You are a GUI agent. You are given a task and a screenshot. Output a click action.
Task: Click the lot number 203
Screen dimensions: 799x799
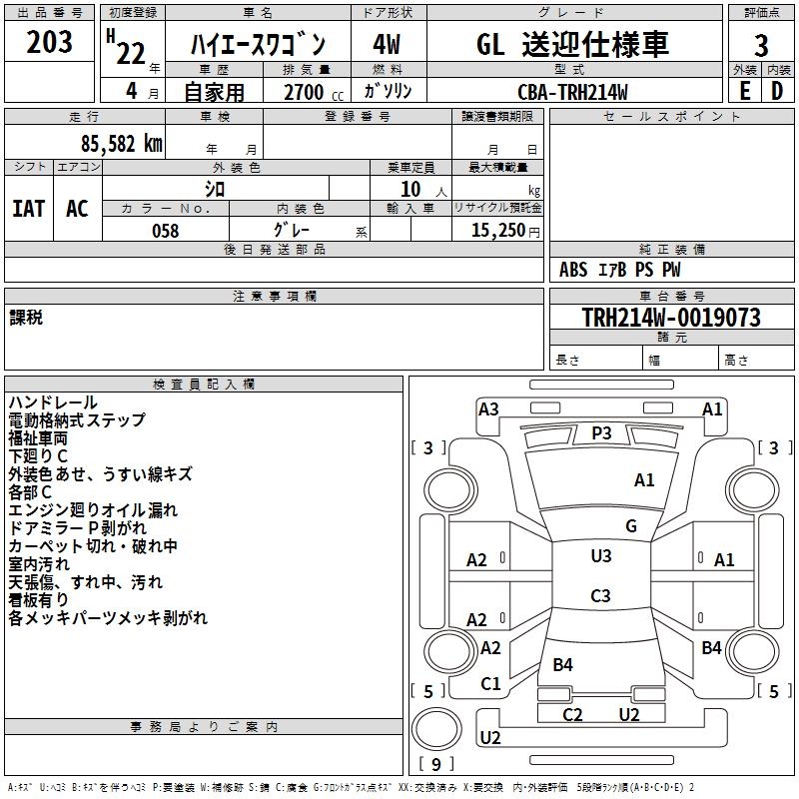[49, 43]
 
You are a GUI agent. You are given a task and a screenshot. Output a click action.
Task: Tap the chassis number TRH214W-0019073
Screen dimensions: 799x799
[671, 318]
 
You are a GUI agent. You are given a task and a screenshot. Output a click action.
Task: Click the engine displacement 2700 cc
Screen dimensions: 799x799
[310, 92]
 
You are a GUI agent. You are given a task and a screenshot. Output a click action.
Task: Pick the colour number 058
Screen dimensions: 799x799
[165, 230]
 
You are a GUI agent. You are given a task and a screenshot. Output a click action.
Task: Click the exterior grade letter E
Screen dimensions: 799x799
[744, 91]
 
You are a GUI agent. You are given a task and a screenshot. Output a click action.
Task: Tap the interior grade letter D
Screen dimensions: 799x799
[776, 91]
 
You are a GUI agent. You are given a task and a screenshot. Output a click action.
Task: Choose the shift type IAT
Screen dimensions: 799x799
[29, 208]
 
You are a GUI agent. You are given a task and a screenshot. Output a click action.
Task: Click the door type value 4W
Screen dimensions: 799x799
[386, 45]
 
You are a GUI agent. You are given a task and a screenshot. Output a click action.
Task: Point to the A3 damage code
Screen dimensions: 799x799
[488, 408]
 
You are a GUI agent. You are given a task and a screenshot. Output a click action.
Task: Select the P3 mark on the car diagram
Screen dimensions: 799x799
[601, 432]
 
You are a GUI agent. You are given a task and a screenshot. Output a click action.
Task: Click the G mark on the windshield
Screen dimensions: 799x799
[630, 526]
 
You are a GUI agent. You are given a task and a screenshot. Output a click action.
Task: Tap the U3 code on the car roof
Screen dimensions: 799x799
[600, 556]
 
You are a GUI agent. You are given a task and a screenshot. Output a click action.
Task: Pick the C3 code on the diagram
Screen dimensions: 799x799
[600, 596]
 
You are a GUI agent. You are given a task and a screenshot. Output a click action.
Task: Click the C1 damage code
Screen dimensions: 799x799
[490, 684]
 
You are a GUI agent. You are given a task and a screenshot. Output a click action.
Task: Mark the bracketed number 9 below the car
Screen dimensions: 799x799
[435, 765]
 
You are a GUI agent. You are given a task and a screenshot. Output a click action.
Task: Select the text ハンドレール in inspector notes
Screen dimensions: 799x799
[53, 402]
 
